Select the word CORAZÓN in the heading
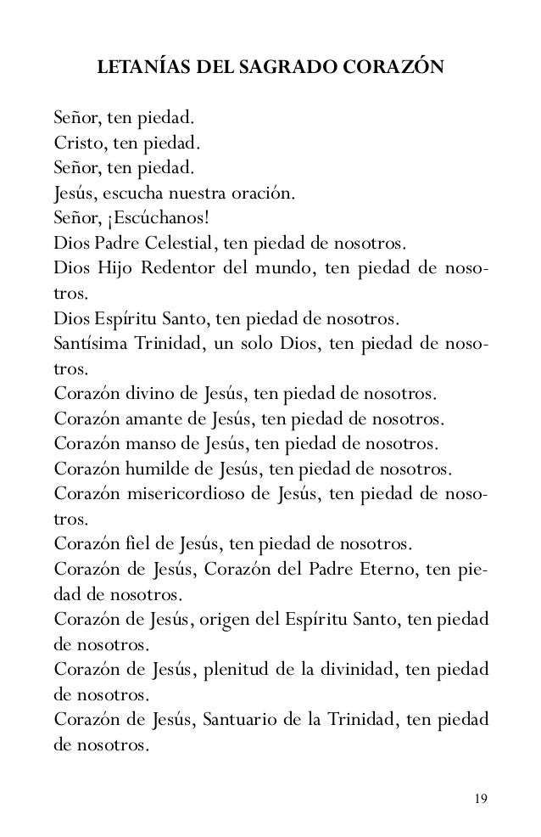[x=393, y=87]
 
